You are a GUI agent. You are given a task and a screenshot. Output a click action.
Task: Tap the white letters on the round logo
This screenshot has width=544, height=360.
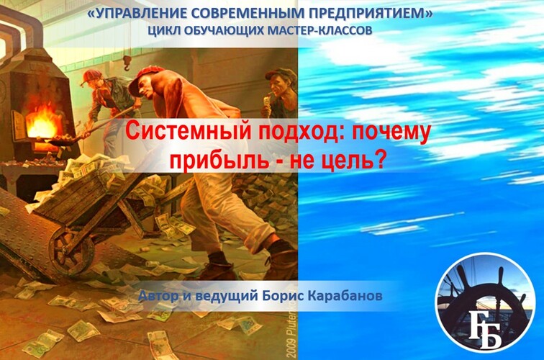point(485,329)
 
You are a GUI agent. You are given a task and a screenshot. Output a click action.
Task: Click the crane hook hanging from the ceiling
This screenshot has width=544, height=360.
point(127,63)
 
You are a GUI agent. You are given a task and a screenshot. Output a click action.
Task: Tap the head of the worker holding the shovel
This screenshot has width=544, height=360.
point(93,81)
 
